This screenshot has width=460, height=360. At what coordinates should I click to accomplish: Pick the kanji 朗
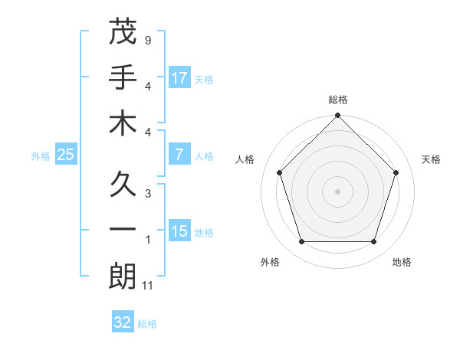(123, 277)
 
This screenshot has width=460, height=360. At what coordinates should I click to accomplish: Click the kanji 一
(123, 230)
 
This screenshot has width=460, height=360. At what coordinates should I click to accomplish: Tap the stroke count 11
(149, 286)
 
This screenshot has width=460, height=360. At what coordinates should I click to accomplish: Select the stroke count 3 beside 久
(147, 192)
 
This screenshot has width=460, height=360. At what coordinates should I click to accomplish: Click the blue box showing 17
(179, 77)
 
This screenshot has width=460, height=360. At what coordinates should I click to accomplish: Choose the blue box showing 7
(179, 155)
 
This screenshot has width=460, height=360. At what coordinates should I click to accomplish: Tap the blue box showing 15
(179, 231)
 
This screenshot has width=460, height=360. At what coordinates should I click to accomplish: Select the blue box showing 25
(66, 155)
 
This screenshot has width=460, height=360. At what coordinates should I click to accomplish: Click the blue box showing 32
(123, 322)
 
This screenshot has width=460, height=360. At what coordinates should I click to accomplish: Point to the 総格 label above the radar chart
(337, 100)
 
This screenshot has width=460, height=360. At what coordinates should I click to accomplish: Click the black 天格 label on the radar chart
(431, 159)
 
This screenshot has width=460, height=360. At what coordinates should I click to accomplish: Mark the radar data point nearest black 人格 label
(280, 172)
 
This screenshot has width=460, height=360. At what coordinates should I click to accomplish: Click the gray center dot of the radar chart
(337, 191)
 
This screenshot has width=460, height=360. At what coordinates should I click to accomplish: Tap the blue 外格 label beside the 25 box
(41, 156)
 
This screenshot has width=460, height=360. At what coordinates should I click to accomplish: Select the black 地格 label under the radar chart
(402, 262)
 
